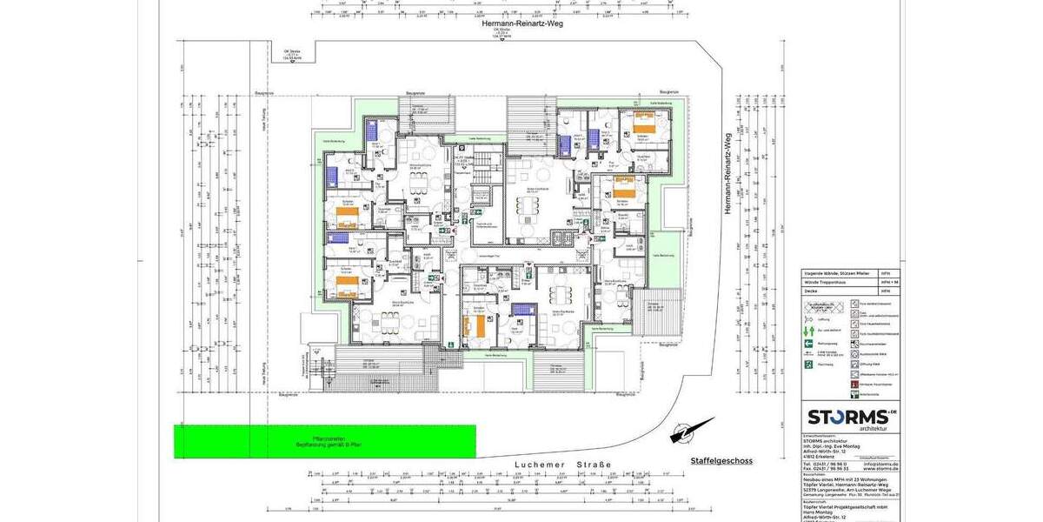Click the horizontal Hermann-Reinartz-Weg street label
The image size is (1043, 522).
[522, 23]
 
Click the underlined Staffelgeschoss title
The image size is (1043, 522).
[721, 460]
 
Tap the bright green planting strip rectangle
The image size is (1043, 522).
[325, 441]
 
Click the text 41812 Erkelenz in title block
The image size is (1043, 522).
[820, 457]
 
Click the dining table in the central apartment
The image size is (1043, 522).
[528, 206]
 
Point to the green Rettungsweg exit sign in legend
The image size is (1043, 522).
[808, 344]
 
